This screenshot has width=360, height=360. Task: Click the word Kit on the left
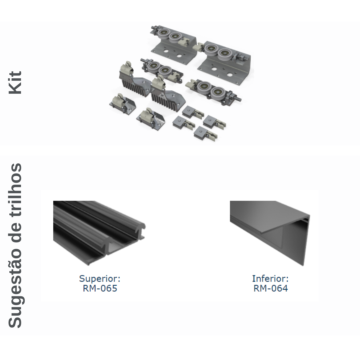coord(15,83)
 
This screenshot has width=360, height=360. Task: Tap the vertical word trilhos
coord(15,189)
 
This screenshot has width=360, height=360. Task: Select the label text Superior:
coord(100,278)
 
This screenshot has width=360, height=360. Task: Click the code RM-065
coord(100,288)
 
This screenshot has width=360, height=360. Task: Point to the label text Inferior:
coord(270,278)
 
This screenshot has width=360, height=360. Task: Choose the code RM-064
coord(270,288)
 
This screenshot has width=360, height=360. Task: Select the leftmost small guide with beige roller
coord(122,104)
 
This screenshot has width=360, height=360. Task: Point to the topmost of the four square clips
coord(193,112)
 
